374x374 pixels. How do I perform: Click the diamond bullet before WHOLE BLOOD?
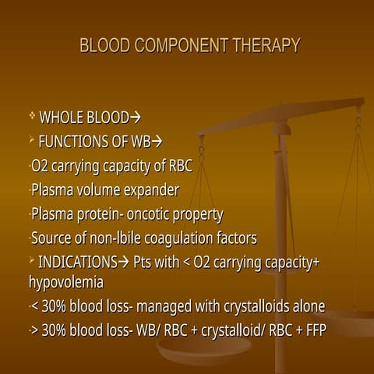(x=32, y=117)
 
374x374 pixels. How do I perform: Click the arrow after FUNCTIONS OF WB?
(x=157, y=142)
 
